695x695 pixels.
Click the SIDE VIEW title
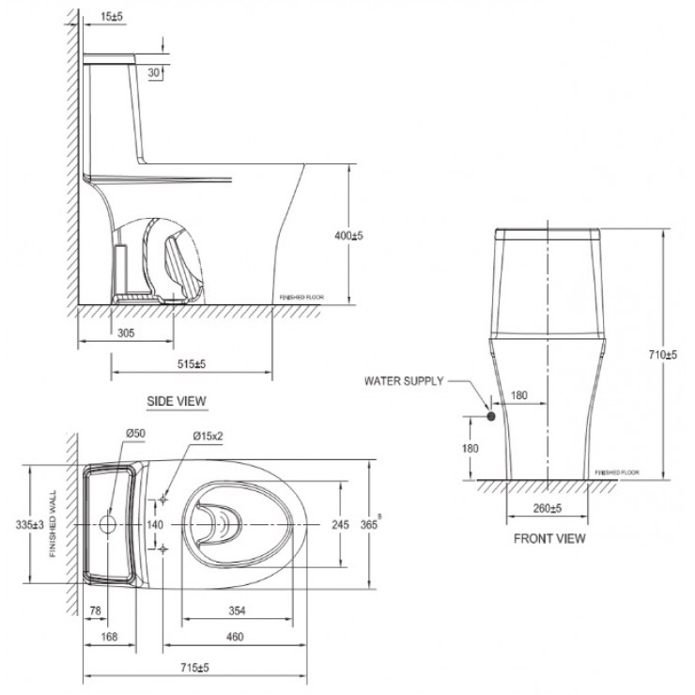(x=176, y=400)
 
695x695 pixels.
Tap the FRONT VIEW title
(x=549, y=538)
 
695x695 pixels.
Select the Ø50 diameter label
(x=133, y=434)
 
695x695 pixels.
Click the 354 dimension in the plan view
(x=239, y=610)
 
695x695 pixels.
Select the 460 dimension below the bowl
(x=235, y=637)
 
